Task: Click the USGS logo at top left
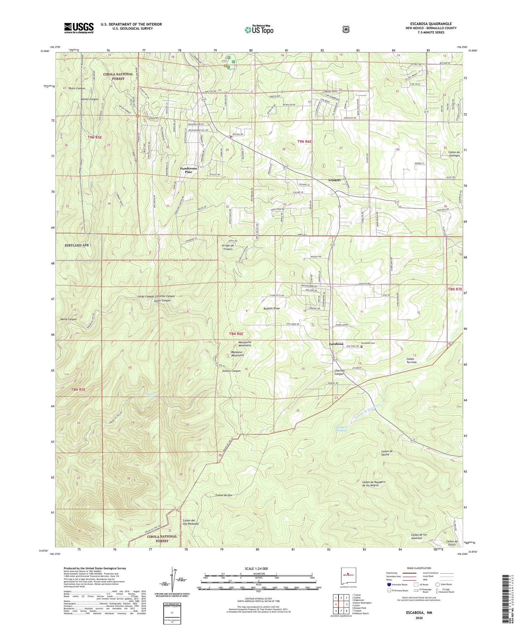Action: (x=79, y=28)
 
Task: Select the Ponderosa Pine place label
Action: (x=189, y=170)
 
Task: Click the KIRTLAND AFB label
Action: (x=77, y=245)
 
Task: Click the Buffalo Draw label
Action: (x=271, y=308)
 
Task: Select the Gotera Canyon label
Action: (x=231, y=371)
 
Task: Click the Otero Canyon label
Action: (x=77, y=88)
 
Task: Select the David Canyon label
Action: (x=68, y=319)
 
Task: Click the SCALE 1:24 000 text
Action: (x=256, y=569)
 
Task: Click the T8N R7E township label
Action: (x=455, y=289)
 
